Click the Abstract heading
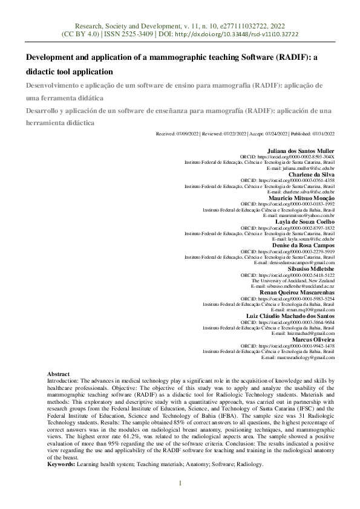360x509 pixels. pyautogui.click(x=59, y=375)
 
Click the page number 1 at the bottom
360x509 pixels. pyautogui.click(x=180, y=483)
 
